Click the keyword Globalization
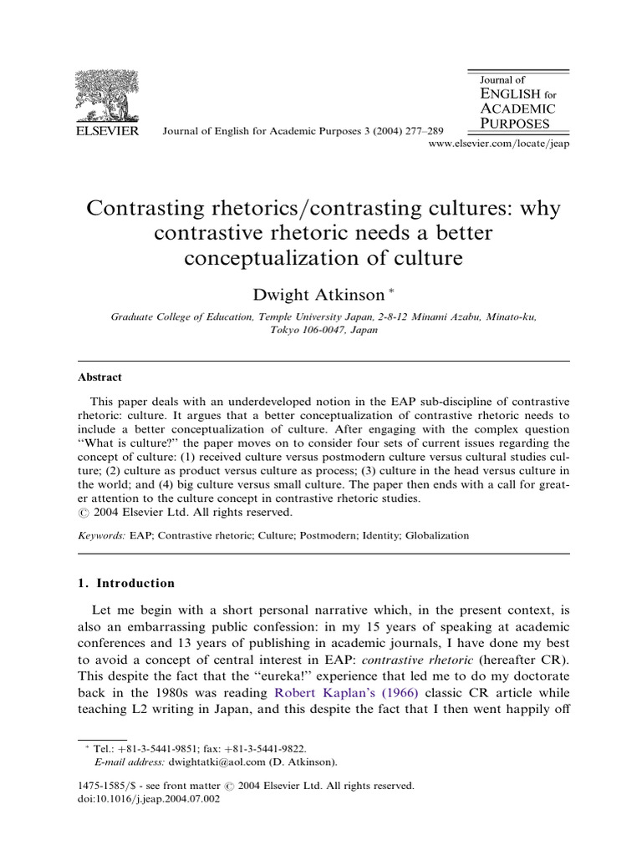[437, 535]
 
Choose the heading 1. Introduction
[127, 583]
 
